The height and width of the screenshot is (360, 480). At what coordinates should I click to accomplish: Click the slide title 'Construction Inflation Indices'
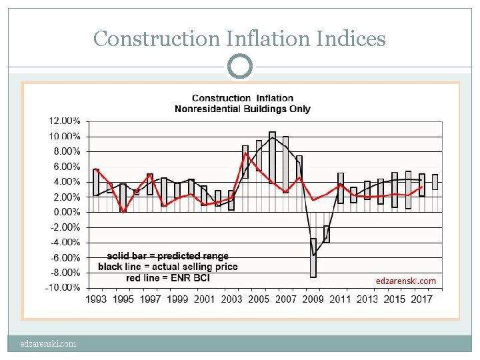point(239,39)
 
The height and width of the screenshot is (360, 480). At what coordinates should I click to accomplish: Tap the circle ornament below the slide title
point(240,66)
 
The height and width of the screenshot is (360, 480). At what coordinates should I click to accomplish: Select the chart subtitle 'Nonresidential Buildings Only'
point(242,109)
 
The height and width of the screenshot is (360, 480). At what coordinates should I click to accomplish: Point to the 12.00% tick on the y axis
point(64,121)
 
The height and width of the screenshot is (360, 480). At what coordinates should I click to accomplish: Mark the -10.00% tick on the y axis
point(64,287)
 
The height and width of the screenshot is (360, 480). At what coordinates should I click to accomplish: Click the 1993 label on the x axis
point(96,299)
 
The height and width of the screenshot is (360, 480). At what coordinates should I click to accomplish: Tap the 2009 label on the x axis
point(313,299)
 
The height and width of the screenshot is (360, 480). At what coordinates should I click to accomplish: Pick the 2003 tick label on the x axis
point(231,299)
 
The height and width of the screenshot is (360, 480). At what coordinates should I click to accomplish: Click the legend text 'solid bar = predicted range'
point(167,256)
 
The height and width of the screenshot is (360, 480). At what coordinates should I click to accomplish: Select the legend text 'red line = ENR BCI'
point(167,277)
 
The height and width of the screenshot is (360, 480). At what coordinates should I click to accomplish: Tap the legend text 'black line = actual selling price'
point(167,267)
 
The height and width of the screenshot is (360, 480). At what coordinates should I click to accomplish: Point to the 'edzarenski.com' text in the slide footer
point(47,344)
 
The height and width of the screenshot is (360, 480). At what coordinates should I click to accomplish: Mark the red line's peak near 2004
point(245,153)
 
